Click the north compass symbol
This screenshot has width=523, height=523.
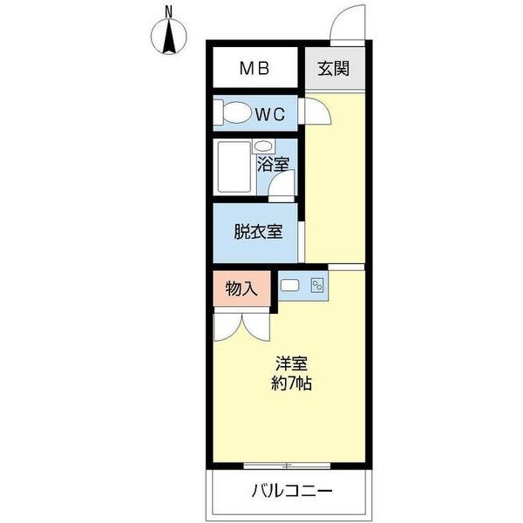pos(169,37)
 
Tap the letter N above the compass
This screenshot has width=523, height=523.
pos(169,11)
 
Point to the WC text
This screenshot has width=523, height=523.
pos(271,112)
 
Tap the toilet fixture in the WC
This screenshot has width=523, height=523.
pos(234,113)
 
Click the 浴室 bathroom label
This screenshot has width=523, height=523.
pos(273,163)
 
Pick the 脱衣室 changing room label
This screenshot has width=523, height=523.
pos(257,232)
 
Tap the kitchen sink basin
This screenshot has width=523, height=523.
pos(291,284)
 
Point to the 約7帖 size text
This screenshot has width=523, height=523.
pos(291,384)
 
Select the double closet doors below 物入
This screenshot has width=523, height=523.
pos(241,327)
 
